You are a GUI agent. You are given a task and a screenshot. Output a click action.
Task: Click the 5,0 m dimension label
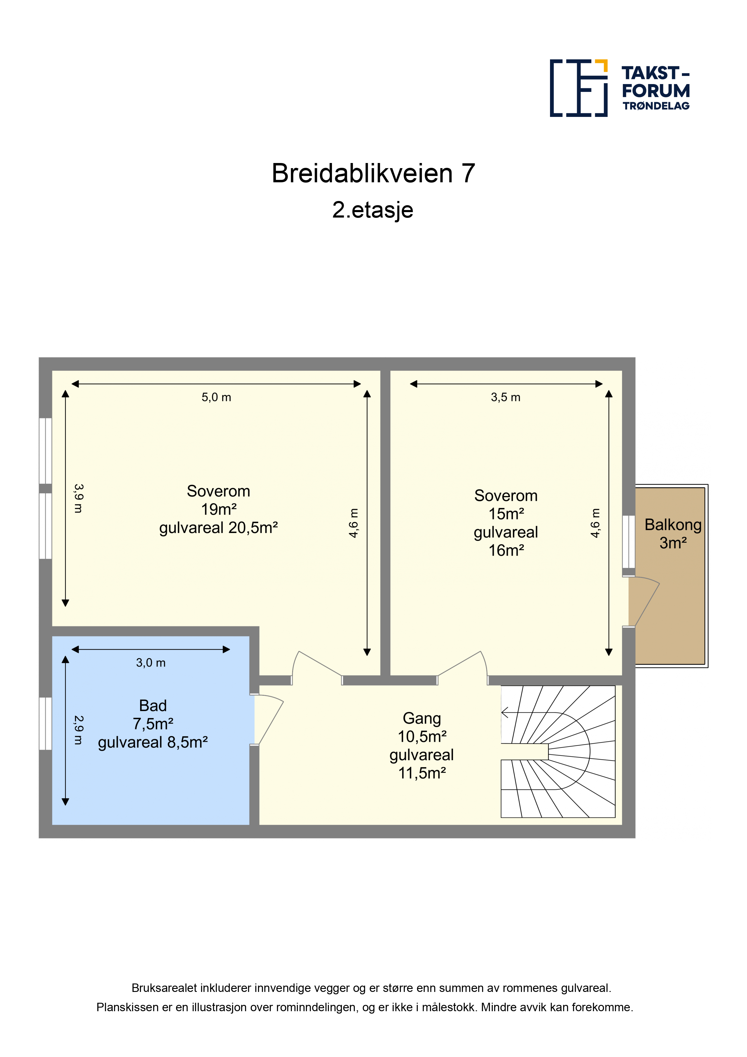[216, 397]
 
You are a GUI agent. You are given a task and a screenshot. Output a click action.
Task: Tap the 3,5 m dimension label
[505, 397]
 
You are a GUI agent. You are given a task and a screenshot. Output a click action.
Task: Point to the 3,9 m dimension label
[78, 498]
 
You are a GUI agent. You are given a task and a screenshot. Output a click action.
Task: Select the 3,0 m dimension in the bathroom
[151, 663]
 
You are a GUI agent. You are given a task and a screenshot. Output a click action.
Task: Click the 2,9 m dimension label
[78, 730]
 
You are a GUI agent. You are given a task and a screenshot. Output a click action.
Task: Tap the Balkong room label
[673, 525]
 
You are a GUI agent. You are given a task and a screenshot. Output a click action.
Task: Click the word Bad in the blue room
[153, 706]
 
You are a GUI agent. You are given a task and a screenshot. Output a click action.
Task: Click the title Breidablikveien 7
[373, 174]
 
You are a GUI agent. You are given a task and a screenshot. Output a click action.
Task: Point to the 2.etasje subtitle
[373, 210]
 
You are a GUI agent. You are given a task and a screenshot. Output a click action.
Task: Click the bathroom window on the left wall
[45, 724]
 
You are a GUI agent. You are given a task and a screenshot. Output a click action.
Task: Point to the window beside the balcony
[629, 541]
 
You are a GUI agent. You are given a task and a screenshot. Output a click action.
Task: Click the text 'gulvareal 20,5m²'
[219, 528]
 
